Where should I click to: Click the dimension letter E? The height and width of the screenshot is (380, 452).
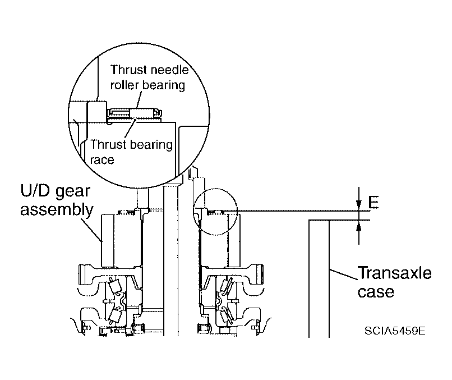click(x=373, y=202)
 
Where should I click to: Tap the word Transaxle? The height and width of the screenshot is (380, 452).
click(x=394, y=273)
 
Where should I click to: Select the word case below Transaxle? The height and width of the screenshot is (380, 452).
click(x=376, y=291)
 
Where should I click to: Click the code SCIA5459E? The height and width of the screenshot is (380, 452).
click(x=395, y=331)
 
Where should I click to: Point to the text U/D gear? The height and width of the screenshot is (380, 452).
click(x=55, y=191)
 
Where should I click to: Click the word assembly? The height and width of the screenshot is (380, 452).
click(x=57, y=210)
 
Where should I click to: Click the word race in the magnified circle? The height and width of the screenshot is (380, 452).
click(x=102, y=159)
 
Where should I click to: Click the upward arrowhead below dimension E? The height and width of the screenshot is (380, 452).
click(x=358, y=226)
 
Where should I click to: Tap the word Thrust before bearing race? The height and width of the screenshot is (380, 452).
click(x=108, y=144)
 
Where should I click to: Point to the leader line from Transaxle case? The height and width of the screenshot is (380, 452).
click(x=343, y=274)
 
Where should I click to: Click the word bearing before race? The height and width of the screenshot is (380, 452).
click(x=150, y=145)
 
